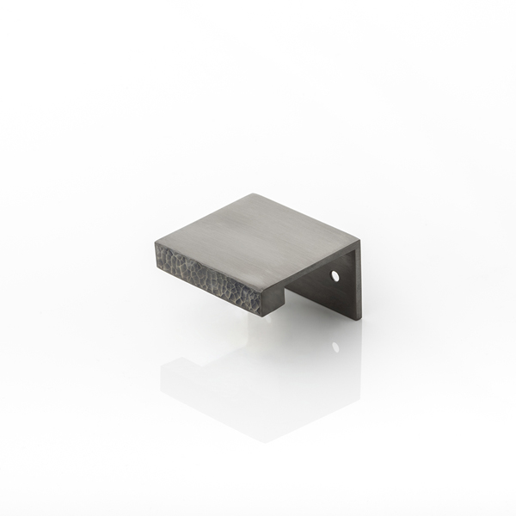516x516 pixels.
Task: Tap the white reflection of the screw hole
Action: coord(335,347)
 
